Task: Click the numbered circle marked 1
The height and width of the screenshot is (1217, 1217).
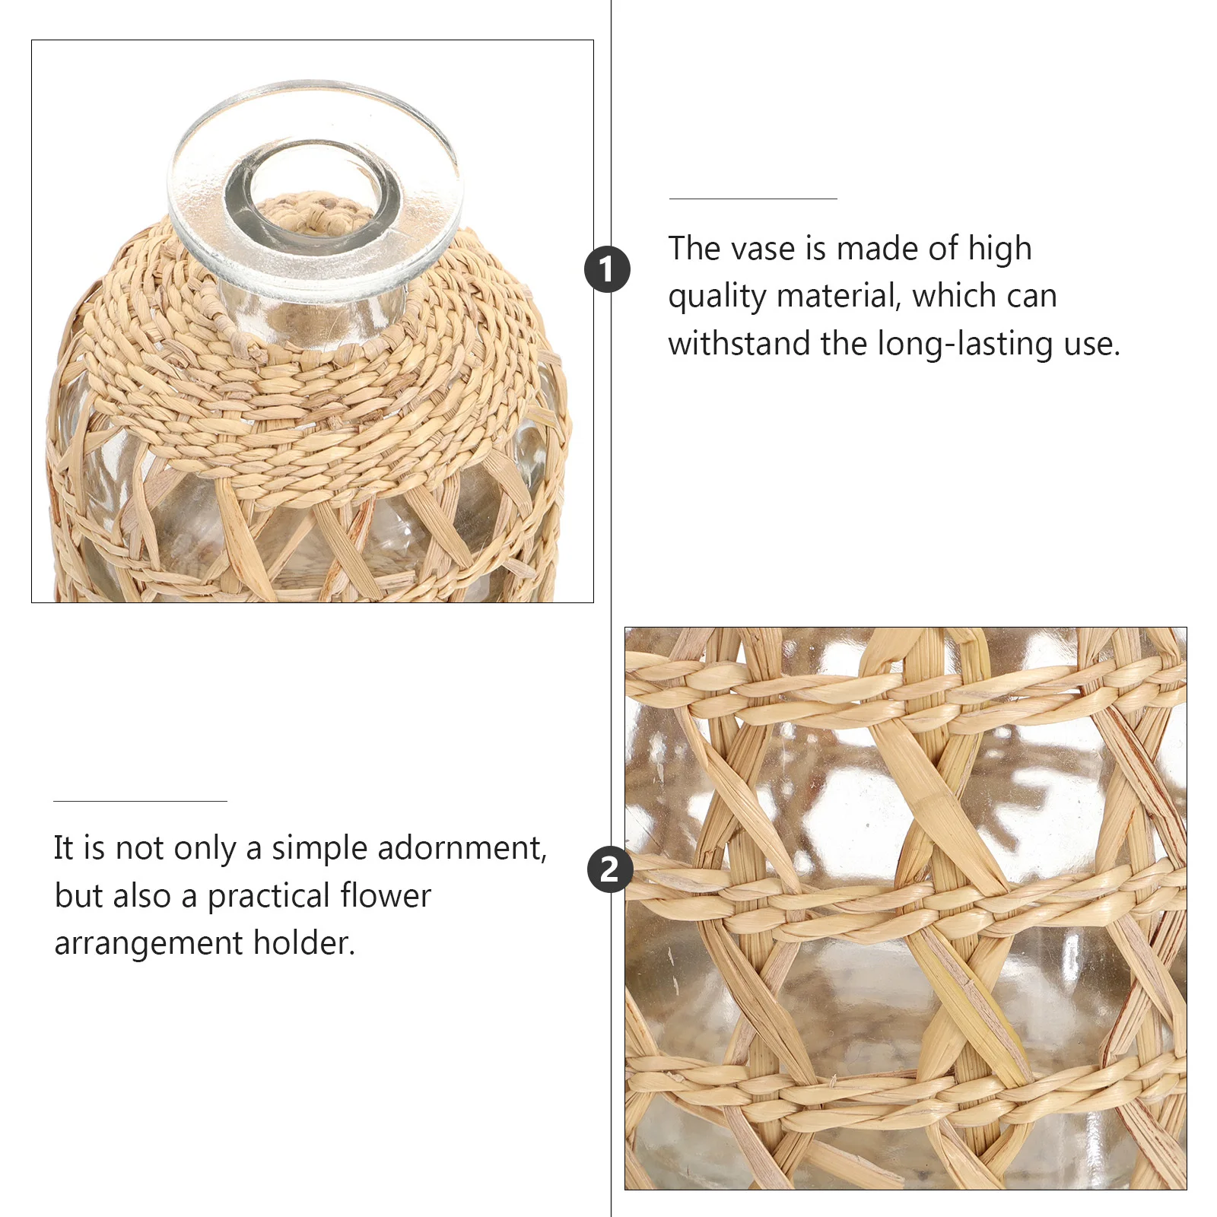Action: tap(607, 269)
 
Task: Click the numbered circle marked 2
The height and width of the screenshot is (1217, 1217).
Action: tap(610, 869)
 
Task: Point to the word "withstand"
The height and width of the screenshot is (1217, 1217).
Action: tap(739, 344)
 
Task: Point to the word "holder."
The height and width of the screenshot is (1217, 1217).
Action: tap(304, 943)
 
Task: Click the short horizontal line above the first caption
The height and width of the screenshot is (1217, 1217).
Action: tap(753, 199)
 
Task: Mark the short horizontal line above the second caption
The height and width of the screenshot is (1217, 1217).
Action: tap(140, 801)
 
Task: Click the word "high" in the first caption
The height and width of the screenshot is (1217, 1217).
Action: tap(999, 249)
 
